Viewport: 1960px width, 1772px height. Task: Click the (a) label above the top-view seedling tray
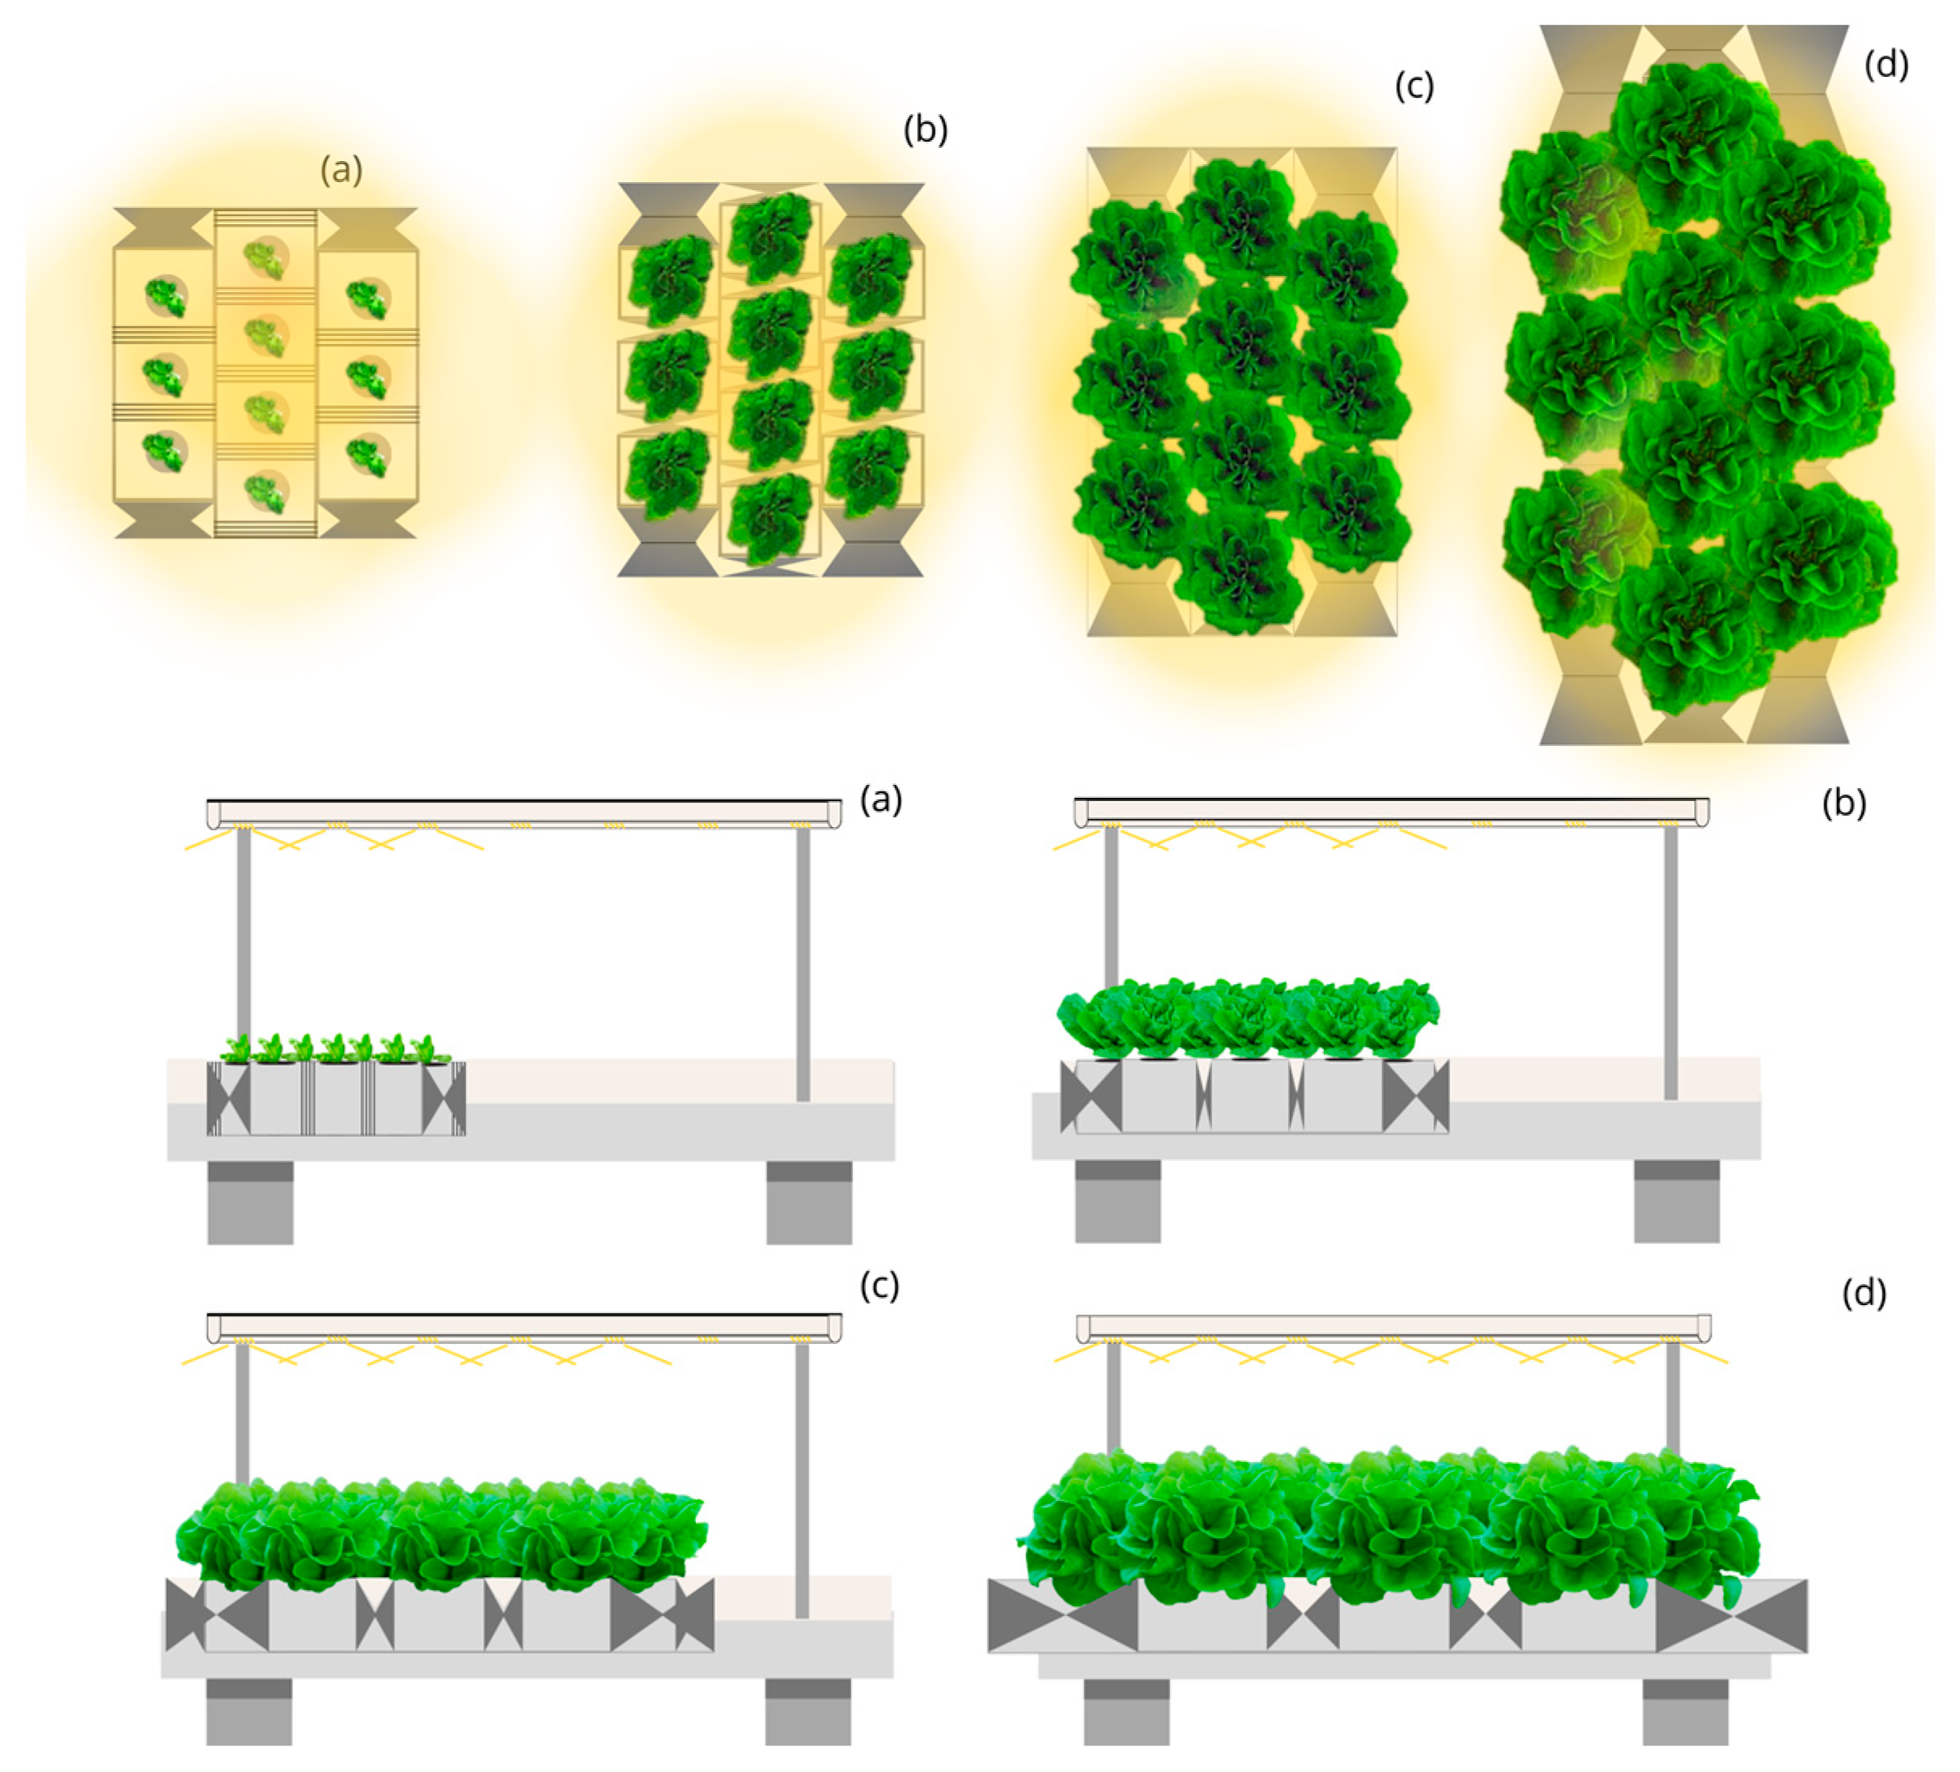click(x=342, y=170)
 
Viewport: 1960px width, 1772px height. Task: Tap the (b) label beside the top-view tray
click(x=925, y=129)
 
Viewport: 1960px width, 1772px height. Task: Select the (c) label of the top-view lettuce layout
click(x=1414, y=87)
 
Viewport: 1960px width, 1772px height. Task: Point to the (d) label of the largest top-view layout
click(x=1886, y=65)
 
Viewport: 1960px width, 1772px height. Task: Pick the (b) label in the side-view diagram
click(x=1843, y=803)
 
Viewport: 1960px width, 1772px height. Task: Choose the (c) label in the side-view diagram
click(x=880, y=1285)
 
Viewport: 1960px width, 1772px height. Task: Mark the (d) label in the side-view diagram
click(x=1864, y=1294)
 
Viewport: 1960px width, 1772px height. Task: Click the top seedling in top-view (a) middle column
click(x=265, y=259)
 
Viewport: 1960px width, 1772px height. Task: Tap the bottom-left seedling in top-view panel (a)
click(x=164, y=450)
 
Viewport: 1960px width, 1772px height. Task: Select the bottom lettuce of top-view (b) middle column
click(x=770, y=520)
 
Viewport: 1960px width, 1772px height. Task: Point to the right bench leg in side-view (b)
click(x=1676, y=1201)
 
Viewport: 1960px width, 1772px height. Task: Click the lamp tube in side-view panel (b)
click(x=1391, y=811)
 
